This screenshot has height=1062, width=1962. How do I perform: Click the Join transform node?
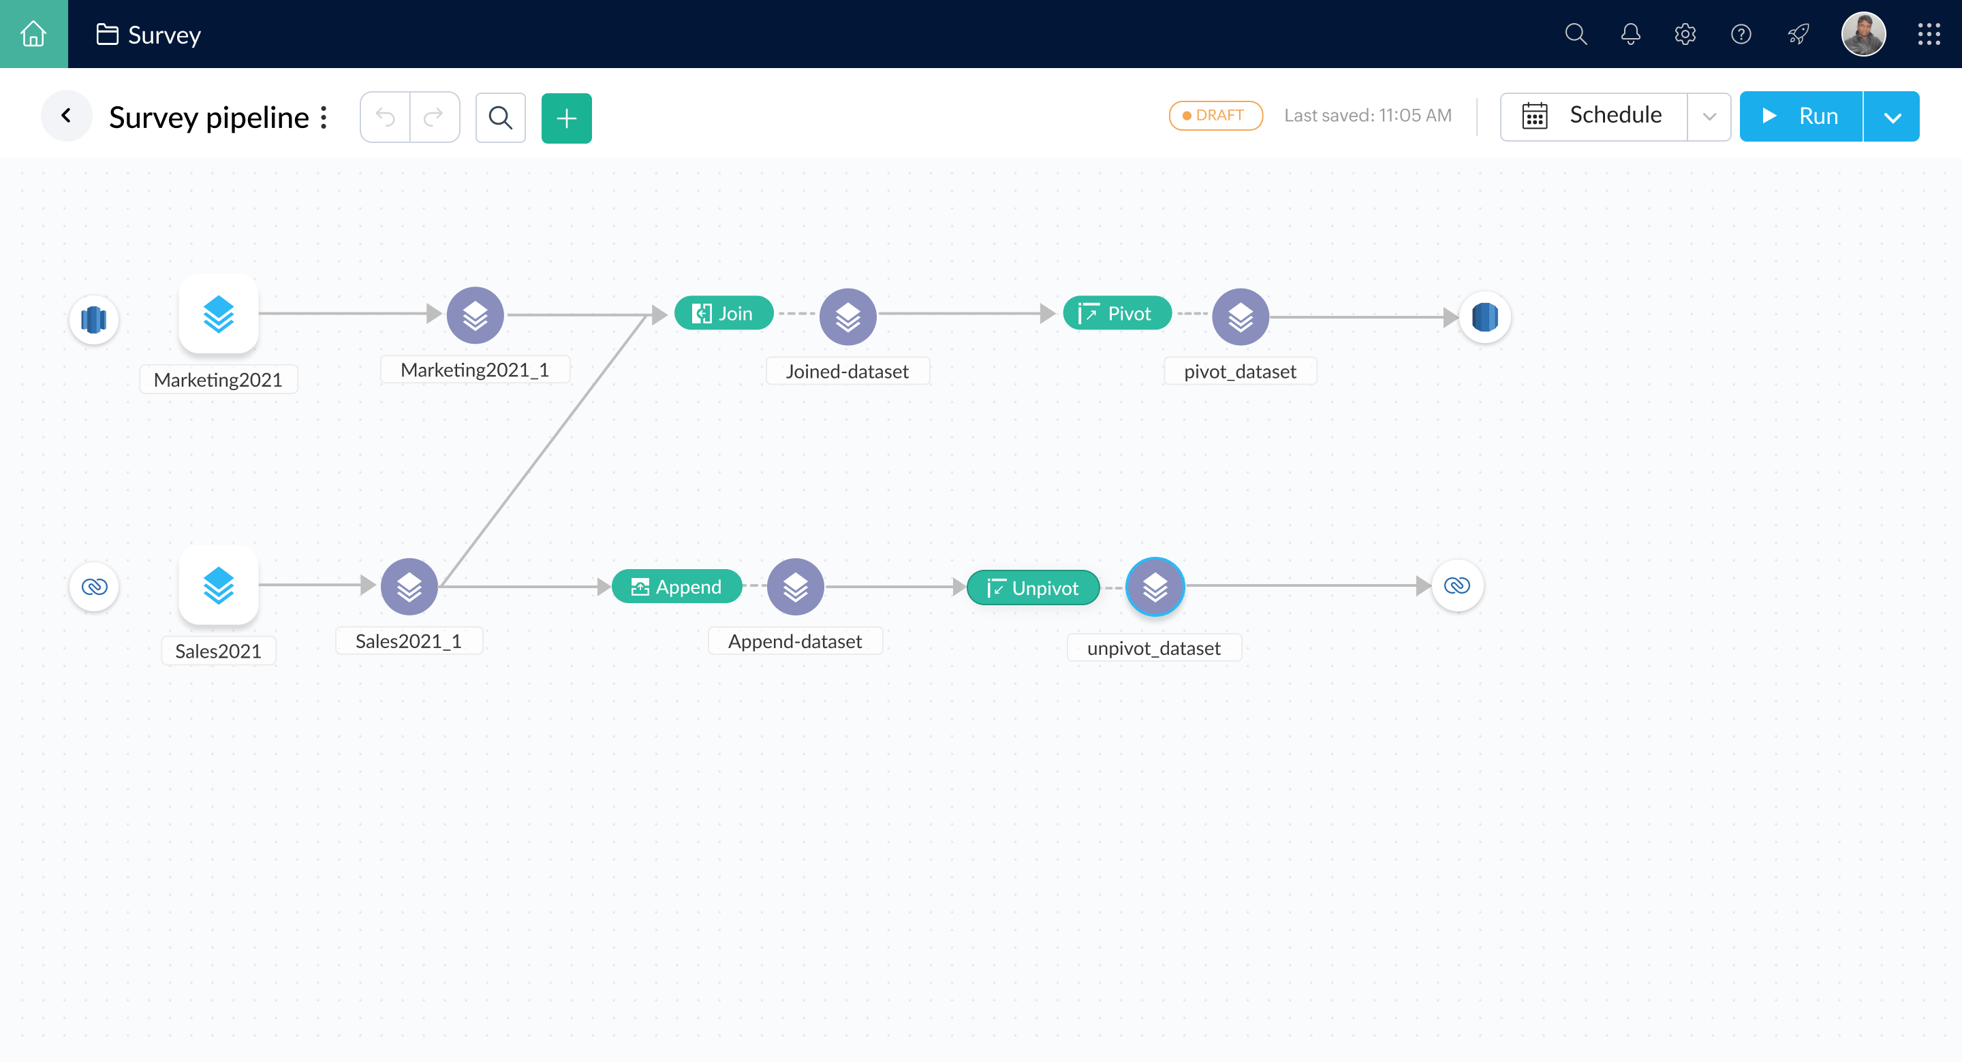point(723,313)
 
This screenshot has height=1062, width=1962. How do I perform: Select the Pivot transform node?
point(1117,313)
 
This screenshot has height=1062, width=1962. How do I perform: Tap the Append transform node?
point(676,586)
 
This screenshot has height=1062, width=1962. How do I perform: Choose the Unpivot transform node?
point(1033,588)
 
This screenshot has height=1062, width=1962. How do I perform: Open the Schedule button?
point(1594,116)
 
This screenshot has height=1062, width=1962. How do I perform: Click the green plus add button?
point(566,118)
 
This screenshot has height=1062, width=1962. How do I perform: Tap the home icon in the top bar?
point(33,33)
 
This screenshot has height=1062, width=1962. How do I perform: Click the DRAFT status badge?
point(1215,116)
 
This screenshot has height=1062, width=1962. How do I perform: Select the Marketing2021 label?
point(218,379)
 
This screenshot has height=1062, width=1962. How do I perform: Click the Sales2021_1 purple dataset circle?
point(409,586)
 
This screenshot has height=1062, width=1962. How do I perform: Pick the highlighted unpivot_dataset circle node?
point(1155,586)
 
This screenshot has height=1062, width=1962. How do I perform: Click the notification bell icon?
point(1630,34)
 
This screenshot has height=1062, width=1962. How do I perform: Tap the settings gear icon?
point(1685,34)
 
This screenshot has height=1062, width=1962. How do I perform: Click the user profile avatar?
point(1863,34)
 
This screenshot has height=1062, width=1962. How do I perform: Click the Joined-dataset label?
point(847,371)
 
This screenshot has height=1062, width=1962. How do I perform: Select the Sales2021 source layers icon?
point(219,585)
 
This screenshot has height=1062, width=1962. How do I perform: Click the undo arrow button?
point(386,117)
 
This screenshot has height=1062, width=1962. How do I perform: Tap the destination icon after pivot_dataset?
point(1484,317)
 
